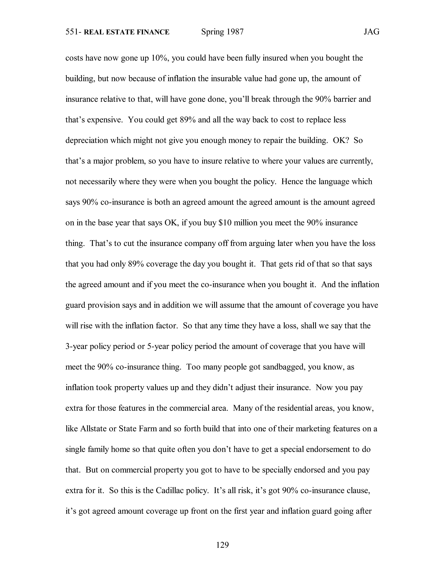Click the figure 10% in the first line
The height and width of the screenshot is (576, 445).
pos(160,58)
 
